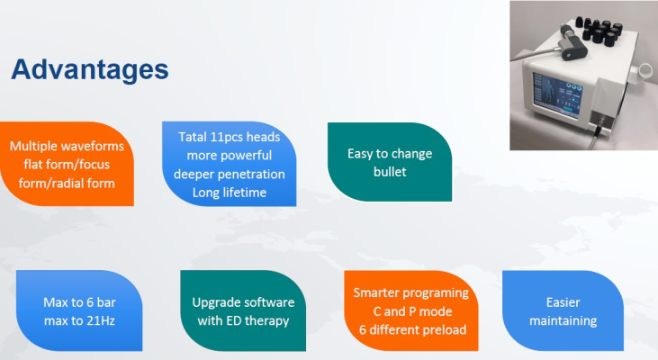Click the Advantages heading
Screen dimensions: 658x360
(x=90, y=69)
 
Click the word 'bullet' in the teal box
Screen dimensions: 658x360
(x=390, y=172)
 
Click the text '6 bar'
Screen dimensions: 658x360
(x=101, y=302)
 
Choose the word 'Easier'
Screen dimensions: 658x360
(x=563, y=302)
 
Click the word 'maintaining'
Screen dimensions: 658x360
(x=563, y=321)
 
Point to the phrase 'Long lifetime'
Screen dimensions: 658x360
(x=230, y=193)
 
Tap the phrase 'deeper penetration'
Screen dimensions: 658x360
(x=230, y=174)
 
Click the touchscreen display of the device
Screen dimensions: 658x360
(x=556, y=94)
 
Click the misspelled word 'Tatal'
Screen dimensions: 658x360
(x=193, y=137)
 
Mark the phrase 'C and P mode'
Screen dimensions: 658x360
(x=412, y=311)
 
